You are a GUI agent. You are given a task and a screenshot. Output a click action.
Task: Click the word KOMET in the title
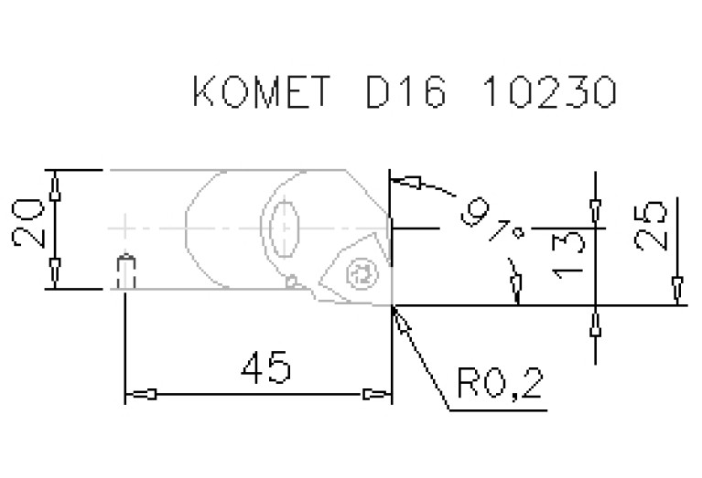click(x=262, y=91)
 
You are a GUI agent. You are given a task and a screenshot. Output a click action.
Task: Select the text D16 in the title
click(x=406, y=91)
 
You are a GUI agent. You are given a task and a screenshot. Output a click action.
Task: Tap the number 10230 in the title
click(x=550, y=91)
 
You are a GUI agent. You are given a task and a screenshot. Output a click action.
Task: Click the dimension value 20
click(x=27, y=223)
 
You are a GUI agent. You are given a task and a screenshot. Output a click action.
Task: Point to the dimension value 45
click(x=266, y=367)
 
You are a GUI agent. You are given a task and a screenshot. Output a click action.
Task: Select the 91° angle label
click(x=492, y=221)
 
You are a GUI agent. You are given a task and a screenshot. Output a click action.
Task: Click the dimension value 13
click(x=568, y=256)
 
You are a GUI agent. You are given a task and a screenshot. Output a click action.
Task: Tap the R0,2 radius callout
click(x=500, y=383)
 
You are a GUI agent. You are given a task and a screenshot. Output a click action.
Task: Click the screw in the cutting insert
click(x=361, y=273)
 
